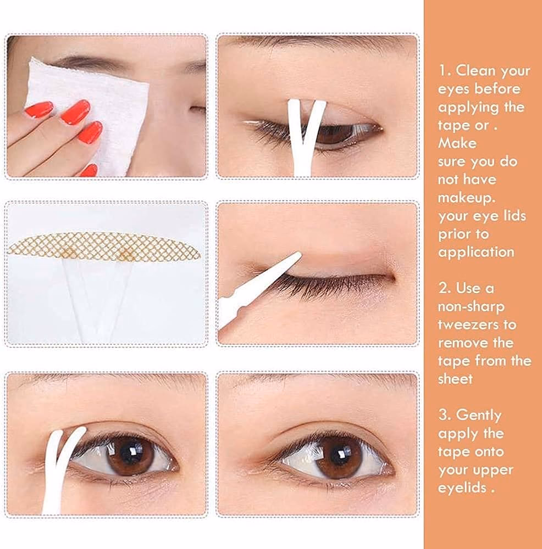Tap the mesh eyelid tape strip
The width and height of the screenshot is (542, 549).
click(104, 247)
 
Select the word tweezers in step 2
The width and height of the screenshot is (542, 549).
click(477, 324)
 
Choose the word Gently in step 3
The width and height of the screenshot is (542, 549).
click(479, 415)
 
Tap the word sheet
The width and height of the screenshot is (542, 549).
click(455, 378)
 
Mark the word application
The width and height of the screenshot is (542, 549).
click(476, 253)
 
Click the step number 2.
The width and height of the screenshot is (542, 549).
click(444, 288)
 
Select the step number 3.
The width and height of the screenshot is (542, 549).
click(444, 415)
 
